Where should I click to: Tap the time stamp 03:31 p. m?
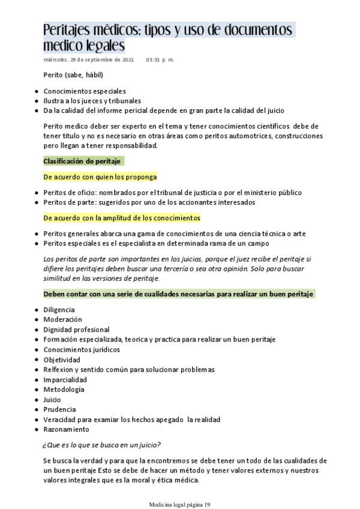point(160,60)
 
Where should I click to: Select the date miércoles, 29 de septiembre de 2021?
point(88,60)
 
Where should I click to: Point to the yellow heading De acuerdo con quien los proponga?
point(100,176)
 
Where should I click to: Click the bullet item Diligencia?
point(59,309)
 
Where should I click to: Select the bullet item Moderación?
point(62,319)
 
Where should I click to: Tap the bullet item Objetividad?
point(61,359)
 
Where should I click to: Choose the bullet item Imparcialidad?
point(65,379)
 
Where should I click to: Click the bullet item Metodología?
point(64,389)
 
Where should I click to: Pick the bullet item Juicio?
point(52,399)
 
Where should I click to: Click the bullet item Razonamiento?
point(66,429)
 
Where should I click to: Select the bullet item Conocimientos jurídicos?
point(82,349)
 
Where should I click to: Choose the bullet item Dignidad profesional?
point(76,330)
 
